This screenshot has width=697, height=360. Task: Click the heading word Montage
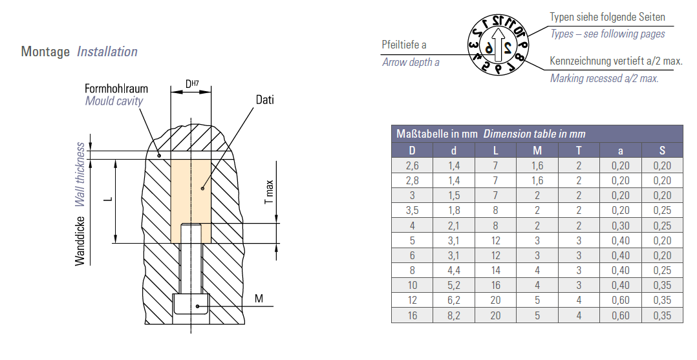(45, 52)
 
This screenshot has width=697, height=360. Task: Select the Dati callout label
(265, 100)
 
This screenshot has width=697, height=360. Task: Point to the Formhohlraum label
(116, 88)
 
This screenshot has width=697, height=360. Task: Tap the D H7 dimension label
(192, 83)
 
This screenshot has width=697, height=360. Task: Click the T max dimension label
(269, 192)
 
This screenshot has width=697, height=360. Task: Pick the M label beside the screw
(259, 298)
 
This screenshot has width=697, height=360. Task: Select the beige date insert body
(191, 202)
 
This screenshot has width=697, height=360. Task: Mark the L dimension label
(108, 200)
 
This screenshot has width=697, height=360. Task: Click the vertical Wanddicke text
(80, 241)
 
